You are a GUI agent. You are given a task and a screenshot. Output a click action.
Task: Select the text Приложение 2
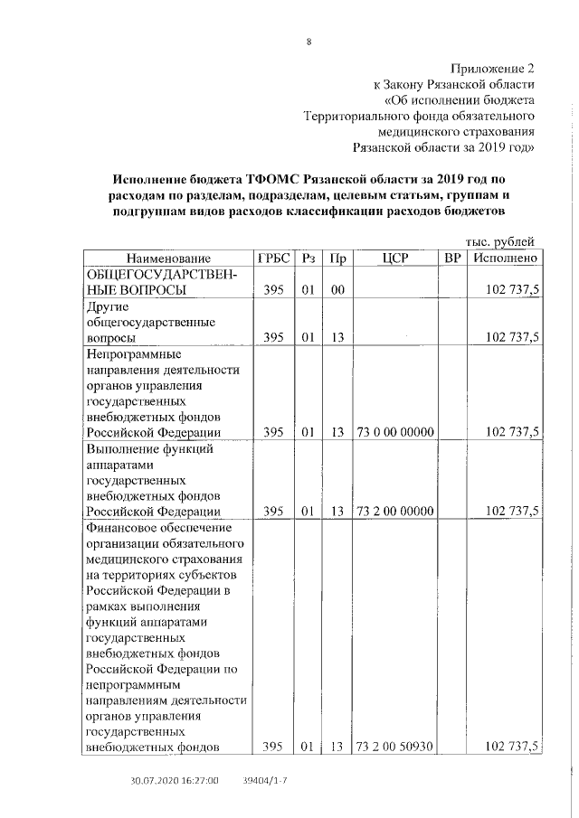[493, 68]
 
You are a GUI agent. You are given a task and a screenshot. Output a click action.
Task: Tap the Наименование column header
[167, 259]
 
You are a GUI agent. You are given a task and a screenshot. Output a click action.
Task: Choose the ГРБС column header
[273, 259]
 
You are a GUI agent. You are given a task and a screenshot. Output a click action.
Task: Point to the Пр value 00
[337, 290]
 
